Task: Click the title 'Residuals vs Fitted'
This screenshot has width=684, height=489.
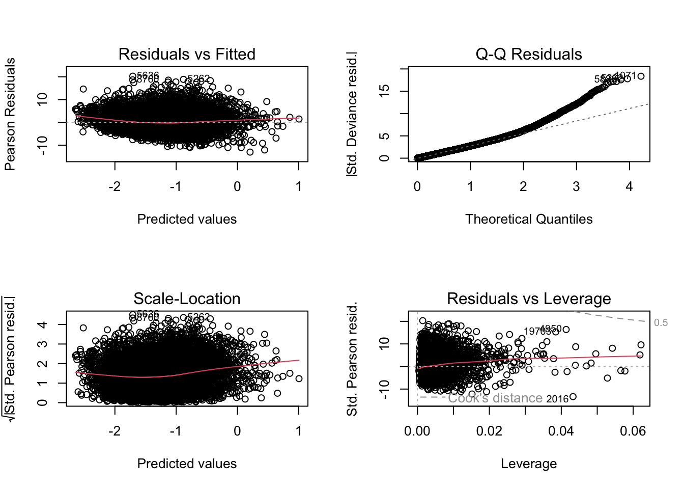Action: tap(187, 54)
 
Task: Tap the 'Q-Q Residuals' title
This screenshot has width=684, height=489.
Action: tap(529, 54)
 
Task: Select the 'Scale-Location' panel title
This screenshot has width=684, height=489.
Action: tap(187, 298)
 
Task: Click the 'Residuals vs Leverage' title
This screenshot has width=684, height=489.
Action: tap(529, 298)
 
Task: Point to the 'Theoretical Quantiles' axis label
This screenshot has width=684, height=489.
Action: tap(529, 219)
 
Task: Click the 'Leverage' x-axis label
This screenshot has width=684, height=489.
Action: tap(529, 464)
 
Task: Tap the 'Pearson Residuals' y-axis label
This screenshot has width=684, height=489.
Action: tap(10, 114)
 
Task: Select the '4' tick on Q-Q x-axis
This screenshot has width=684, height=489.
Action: tap(629, 187)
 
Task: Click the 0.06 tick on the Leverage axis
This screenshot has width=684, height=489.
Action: tap(633, 431)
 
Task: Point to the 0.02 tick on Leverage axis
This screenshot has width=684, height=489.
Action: tap(489, 431)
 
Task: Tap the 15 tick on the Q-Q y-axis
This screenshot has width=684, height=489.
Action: tap(385, 91)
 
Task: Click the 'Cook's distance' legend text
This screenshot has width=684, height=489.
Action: tap(495, 398)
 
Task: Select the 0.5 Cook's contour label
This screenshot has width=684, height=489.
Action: tap(661, 322)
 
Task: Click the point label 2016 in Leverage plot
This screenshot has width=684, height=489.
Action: tap(557, 399)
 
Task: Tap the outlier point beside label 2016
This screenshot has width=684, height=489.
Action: tap(573, 397)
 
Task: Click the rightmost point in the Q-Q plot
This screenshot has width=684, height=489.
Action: tap(641, 76)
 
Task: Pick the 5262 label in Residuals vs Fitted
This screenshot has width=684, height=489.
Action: tap(198, 78)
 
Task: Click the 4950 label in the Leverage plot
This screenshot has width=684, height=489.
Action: tap(551, 329)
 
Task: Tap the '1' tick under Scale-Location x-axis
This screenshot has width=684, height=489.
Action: tap(299, 431)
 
